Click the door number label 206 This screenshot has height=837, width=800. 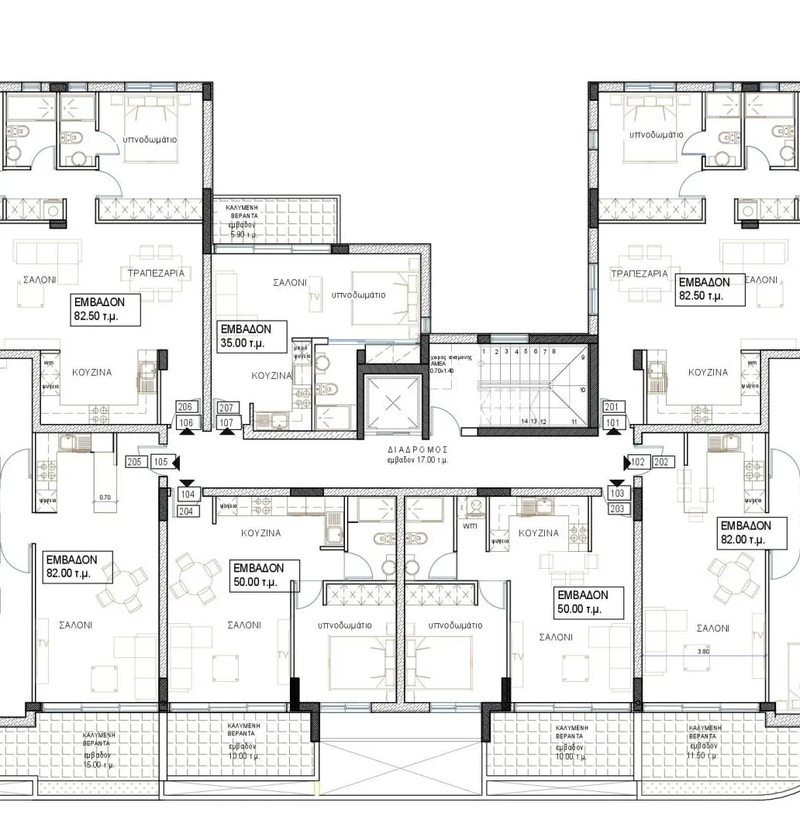coord(184,407)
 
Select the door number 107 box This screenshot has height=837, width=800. coord(226,422)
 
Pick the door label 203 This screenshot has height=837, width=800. coord(617,508)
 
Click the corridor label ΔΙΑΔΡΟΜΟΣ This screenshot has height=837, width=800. coord(419,449)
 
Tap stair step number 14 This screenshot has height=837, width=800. coord(524,421)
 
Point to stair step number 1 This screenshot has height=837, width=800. coord(484,351)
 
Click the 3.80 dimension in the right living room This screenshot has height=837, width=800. coord(703,651)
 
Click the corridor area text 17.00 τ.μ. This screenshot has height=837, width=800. coord(419,460)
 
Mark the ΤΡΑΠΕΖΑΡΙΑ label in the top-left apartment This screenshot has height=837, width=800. coord(155,273)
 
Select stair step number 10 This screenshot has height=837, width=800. coord(582,390)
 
